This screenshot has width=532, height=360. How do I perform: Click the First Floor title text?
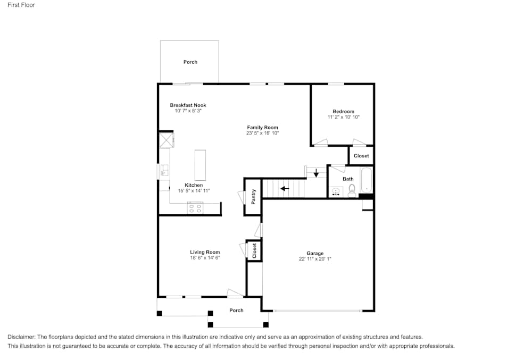[22, 5]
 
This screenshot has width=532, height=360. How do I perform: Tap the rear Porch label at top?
[190, 62]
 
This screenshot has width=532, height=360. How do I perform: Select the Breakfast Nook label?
[188, 105]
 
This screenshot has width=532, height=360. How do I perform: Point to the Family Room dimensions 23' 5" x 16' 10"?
[262, 133]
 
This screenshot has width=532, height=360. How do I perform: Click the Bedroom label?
[343, 112]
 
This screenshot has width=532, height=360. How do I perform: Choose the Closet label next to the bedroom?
[361, 156]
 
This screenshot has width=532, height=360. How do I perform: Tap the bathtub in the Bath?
[367, 180]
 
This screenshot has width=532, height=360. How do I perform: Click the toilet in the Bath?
[352, 192]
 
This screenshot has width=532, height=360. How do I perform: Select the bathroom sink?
[336, 191]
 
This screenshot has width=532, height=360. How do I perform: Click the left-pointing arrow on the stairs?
[285, 188]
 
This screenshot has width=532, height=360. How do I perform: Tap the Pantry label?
[254, 197]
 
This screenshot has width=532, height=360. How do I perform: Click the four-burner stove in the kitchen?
[195, 208]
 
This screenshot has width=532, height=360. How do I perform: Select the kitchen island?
[200, 165]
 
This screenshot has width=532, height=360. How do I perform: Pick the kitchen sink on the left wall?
[164, 170]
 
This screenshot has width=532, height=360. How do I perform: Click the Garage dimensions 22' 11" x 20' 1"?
[315, 259]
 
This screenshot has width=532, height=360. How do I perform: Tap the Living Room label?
[205, 252]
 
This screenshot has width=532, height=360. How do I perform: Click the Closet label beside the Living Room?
[254, 250]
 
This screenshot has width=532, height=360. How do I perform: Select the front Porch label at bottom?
[236, 311]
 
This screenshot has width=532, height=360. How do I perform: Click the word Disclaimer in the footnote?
[21, 337]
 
